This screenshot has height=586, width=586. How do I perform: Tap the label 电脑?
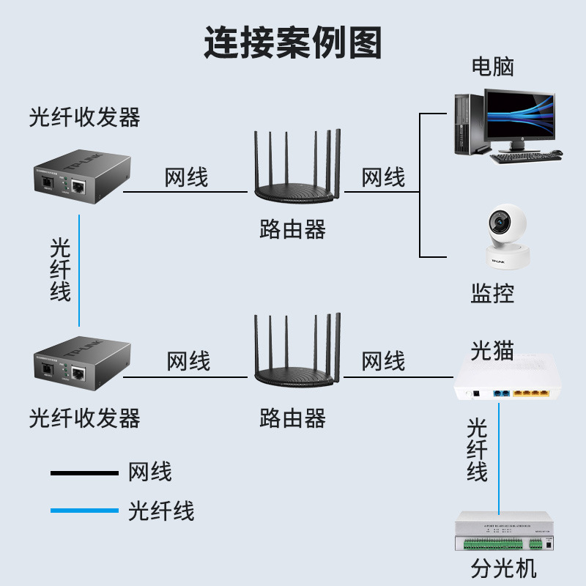492,67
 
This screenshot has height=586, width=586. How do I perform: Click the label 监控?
492,294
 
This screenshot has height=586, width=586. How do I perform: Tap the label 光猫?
492,350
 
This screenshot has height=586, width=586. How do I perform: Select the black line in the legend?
84,473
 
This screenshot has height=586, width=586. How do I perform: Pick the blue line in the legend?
84,511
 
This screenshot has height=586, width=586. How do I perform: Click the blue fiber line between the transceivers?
78,271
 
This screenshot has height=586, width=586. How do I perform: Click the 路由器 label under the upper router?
292,230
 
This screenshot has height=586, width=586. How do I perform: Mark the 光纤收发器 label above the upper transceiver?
84,117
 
